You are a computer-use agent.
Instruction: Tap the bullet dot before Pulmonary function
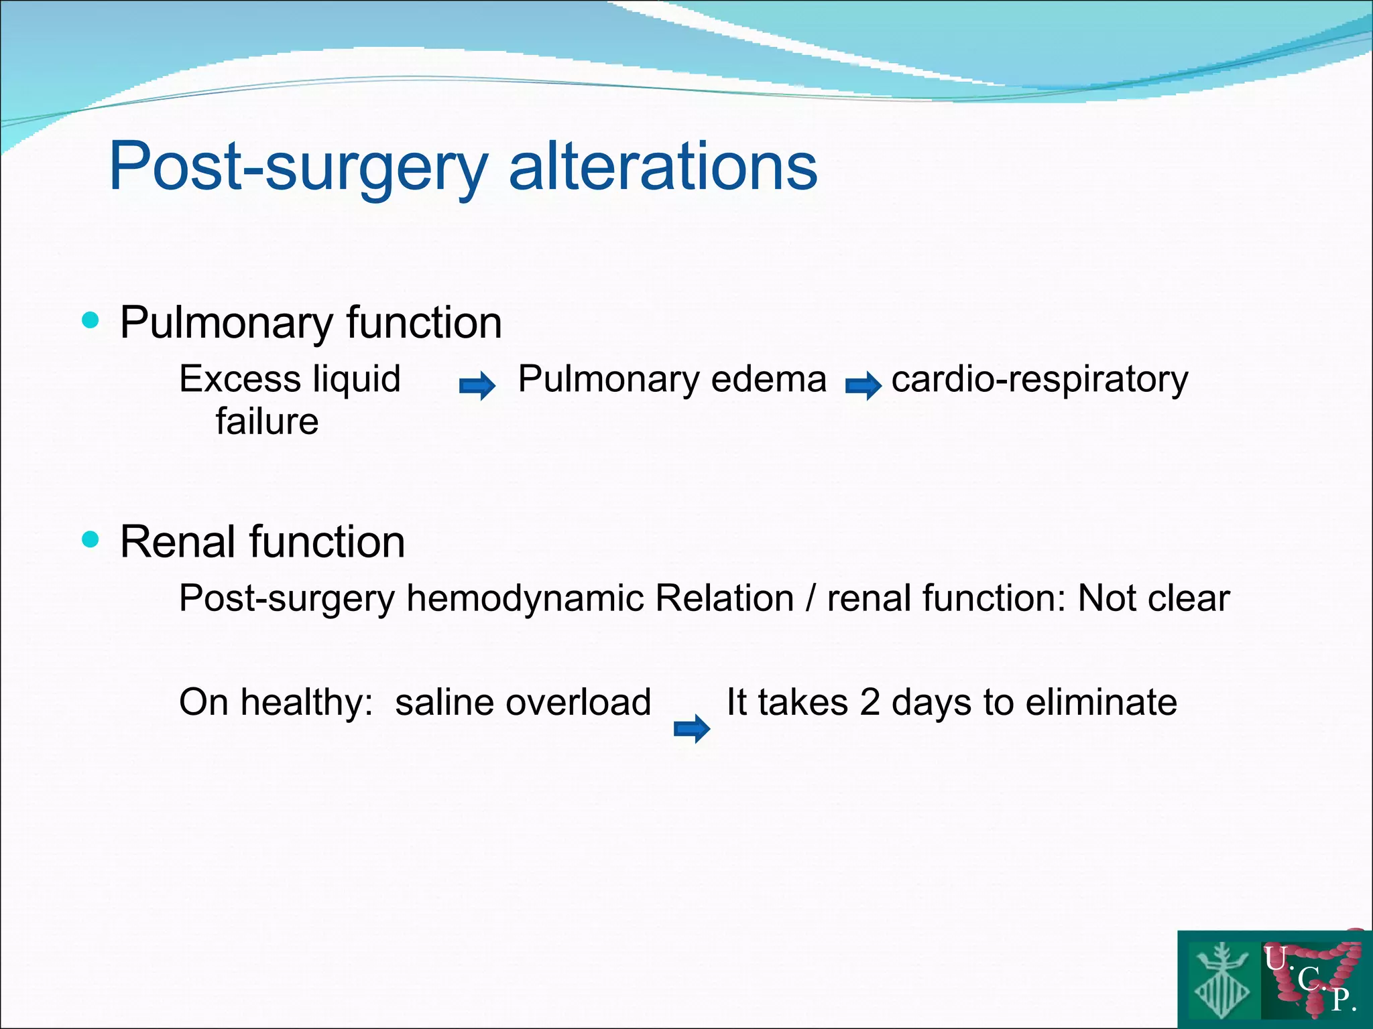pyautogui.click(x=90, y=320)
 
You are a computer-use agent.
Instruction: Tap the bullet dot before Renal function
pyautogui.click(x=90, y=539)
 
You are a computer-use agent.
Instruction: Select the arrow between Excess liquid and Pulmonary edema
pyautogui.click(x=477, y=386)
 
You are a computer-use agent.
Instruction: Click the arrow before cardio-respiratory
pyautogui.click(x=863, y=386)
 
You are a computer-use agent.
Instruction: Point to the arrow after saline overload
pyautogui.click(x=692, y=728)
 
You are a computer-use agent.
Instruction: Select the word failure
pyautogui.click(x=267, y=422)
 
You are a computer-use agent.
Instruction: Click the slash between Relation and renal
pyautogui.click(x=811, y=598)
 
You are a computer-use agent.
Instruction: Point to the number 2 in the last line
pyautogui.click(x=870, y=703)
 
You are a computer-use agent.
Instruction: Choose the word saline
pyautogui.click(x=443, y=703)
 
